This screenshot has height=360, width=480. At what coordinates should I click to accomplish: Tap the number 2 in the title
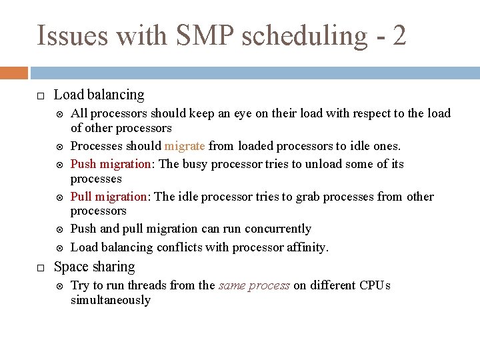coord(399,35)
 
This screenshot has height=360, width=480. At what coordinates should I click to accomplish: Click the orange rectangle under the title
coord(14,73)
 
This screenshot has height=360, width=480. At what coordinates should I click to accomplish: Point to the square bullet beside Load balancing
coord(40,96)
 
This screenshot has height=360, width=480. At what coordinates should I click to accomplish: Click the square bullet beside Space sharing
coord(40,267)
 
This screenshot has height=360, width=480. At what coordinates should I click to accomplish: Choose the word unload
coord(323,164)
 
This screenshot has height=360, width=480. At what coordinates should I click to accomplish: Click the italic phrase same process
coord(254,285)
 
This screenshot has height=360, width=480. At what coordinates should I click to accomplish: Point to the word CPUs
coord(375,285)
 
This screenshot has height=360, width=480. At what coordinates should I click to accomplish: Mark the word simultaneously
coord(111,300)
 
